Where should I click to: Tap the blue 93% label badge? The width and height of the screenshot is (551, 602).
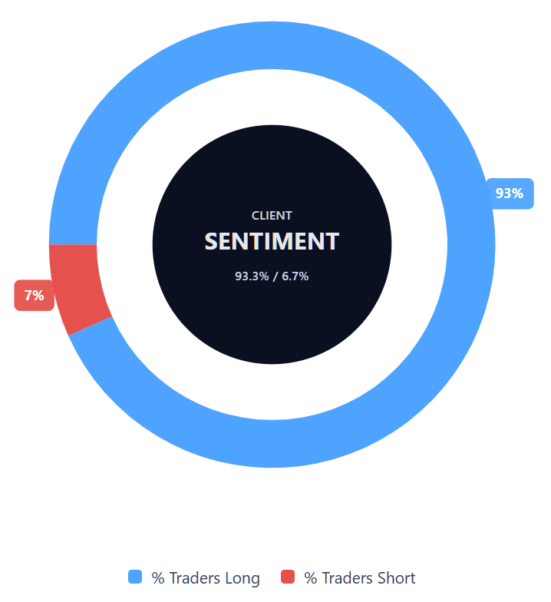tap(510, 193)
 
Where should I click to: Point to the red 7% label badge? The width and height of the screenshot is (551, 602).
tap(34, 296)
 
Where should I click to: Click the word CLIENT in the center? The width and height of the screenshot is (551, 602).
tap(272, 216)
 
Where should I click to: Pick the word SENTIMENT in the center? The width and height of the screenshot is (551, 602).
tap(272, 241)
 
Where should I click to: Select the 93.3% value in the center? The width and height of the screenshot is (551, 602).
tap(252, 276)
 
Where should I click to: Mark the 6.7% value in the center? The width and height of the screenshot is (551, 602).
tap(295, 276)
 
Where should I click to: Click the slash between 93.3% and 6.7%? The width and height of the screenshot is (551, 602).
tap(274, 276)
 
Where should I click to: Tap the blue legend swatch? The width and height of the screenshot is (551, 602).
tap(135, 577)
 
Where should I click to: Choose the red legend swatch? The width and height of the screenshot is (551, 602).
tap(288, 577)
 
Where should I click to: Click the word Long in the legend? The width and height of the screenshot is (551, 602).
tap(242, 578)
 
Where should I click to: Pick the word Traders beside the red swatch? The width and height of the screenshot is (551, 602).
tap(346, 578)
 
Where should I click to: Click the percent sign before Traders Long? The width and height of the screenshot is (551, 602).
tap(158, 578)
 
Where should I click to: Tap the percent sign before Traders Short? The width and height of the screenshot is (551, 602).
tap(311, 578)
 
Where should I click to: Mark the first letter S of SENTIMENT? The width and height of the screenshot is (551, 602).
tap(212, 241)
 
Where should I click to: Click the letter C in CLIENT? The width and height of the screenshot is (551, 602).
tap(256, 216)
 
